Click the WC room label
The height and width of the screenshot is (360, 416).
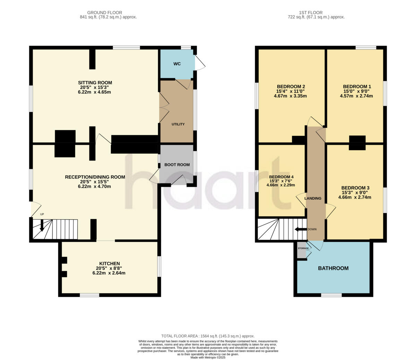coord(177,64)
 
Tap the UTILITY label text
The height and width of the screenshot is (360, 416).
coord(178,124)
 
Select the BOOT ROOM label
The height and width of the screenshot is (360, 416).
coord(177,165)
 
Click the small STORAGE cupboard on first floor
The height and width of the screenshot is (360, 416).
coord(302,251)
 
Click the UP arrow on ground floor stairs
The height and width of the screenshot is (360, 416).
coord(42,225)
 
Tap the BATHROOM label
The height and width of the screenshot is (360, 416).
coord(333,268)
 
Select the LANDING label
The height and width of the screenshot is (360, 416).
coord(313,198)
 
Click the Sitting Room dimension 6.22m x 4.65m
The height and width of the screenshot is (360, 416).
coord(95,92)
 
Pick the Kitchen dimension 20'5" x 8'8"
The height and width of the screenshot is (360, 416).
coord(109,268)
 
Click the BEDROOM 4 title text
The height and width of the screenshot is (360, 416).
coord(280,177)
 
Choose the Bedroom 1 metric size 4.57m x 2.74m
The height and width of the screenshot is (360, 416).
coord(357,96)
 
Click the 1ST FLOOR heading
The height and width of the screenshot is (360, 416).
coord(316,12)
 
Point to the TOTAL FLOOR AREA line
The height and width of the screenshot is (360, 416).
coord(208,336)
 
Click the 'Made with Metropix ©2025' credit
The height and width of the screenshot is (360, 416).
coord(208,357)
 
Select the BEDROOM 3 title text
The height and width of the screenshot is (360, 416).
coord(355,188)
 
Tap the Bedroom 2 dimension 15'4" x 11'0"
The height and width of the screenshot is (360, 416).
coord(291,91)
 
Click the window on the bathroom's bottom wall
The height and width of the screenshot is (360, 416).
coord(331,295)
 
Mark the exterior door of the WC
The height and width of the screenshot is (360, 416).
coord(200,63)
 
